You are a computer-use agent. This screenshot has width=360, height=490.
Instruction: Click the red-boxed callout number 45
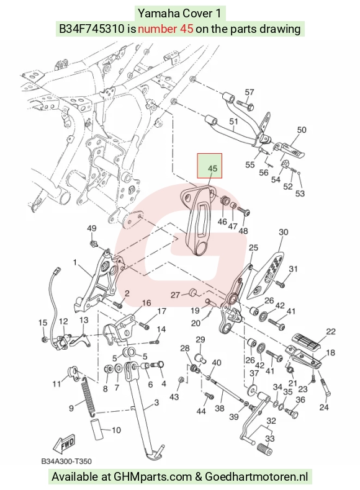coord(212,169)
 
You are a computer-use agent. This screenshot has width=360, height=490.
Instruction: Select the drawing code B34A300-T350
coord(66,461)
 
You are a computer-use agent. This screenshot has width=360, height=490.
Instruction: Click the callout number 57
coord(250,92)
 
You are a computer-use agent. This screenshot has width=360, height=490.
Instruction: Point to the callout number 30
coord(284,232)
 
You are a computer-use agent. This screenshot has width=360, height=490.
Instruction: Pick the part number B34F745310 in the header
coord(92,29)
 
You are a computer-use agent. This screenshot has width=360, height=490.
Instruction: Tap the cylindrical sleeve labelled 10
coord(98,430)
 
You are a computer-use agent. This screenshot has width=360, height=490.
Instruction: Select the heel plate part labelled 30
coord(266,274)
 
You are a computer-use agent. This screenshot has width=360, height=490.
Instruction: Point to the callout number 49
coord(91,228)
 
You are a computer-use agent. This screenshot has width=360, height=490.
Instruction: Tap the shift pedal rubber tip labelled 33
coord(264,451)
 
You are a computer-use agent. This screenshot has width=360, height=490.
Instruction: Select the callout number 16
coord(146,303)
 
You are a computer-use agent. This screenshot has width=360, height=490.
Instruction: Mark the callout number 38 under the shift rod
coord(220,408)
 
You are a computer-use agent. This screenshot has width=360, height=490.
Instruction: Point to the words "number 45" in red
coord(166,29)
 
